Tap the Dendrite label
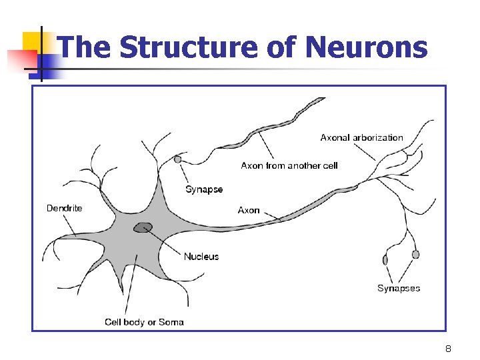coord(65,208)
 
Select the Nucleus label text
coord(201,257)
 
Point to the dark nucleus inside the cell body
coord(143,228)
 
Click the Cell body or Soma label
coord(144,322)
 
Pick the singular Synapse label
coord(204,189)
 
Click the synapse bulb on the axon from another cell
coord(178,159)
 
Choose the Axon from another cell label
coord(289,165)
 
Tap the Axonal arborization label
coord(361,137)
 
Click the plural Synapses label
coord(399,288)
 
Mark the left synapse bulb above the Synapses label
coord(385,260)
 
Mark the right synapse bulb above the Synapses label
coord(416,254)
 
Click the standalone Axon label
coord(249,210)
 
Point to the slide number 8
coord(449,349)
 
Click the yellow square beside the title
coord(33,41)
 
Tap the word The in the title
coord(85,47)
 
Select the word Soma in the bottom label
coord(171,322)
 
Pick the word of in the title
coord(283,47)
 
